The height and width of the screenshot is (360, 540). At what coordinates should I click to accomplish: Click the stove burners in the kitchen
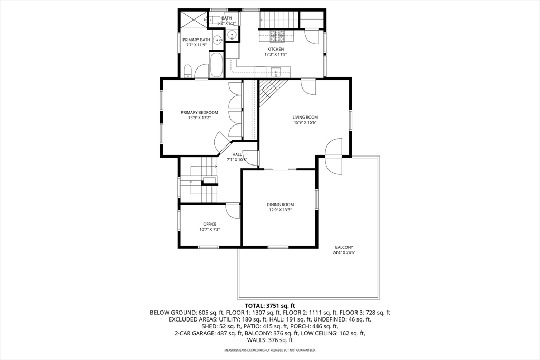(276, 36)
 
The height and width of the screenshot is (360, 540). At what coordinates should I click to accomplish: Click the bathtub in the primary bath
(216, 65)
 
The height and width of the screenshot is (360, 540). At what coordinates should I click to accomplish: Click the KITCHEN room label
(275, 49)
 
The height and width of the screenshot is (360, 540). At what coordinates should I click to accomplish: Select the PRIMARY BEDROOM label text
(199, 112)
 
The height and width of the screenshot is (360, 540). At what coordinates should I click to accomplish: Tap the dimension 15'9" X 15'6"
(305, 122)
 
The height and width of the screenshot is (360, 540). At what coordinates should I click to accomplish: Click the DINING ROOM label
(280, 205)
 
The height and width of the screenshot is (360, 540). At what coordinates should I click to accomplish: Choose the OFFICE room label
(210, 224)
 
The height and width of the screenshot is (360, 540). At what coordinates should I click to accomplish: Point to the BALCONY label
(344, 247)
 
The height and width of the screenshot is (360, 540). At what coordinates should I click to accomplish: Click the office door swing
(233, 210)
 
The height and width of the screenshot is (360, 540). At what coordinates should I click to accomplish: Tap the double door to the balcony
(334, 157)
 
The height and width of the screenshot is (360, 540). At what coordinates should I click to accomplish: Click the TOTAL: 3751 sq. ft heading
(269, 306)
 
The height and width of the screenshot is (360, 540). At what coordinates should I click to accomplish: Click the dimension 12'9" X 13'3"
(280, 210)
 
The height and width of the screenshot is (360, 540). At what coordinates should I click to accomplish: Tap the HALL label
(237, 154)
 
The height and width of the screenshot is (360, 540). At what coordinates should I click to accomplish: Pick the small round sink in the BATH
(232, 35)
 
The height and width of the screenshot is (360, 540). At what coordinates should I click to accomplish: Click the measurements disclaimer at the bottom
(269, 350)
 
